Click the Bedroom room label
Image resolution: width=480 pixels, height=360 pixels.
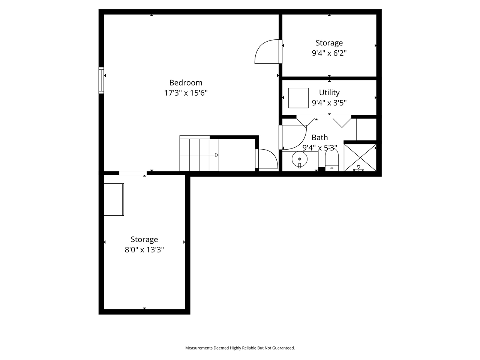186,82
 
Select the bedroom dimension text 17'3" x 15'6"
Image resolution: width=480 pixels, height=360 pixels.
186,93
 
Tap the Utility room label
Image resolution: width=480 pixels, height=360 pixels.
329,92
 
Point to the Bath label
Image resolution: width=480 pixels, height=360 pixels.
319,138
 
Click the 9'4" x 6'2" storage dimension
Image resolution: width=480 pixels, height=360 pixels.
329,53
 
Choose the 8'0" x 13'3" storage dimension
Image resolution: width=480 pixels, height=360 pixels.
144,249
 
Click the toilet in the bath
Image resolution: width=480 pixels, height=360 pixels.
331,160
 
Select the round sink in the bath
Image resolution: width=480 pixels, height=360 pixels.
300,159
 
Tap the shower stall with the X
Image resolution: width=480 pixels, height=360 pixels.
360,157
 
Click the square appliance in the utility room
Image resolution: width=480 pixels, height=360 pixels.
298,98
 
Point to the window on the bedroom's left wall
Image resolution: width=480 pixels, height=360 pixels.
101,80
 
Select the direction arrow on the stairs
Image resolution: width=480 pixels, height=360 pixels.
216,155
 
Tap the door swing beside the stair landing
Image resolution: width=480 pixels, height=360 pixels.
267,159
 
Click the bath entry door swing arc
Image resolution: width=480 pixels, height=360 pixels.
294,137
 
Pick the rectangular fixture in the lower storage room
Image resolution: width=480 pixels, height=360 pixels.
114,199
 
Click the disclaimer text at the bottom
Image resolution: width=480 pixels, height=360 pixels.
240,348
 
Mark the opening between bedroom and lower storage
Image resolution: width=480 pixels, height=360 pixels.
133,173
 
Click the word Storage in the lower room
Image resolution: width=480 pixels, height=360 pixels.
144,239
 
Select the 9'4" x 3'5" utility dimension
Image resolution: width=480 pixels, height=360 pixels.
329,102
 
